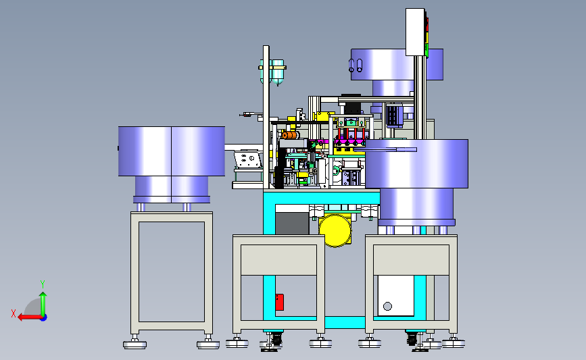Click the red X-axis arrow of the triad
[x=29, y=317]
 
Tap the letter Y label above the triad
[x=43, y=284]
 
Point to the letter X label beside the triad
[x=14, y=313]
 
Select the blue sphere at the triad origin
[x=44, y=318]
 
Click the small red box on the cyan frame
[x=279, y=302]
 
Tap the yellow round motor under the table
[x=335, y=231]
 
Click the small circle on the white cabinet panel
[x=387, y=306]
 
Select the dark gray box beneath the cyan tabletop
[x=292, y=224]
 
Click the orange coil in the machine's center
[x=290, y=135]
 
